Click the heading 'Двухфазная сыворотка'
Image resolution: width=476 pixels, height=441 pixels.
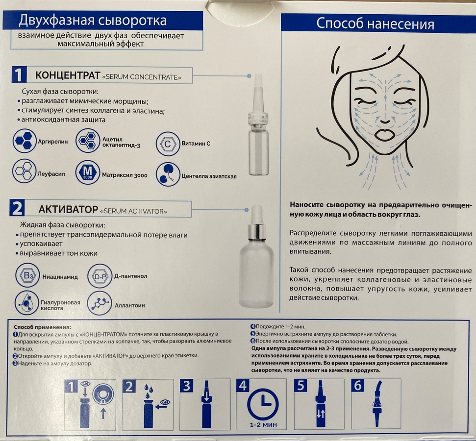click(93, 21)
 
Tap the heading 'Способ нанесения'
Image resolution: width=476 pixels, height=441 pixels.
click(375, 24)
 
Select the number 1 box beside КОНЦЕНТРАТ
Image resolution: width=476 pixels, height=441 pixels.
click(19, 74)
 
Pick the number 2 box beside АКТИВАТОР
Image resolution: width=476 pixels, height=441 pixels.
click(17, 208)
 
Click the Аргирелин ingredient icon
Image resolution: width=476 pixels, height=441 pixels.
click(25, 141)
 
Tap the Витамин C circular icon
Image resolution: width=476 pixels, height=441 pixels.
click(168, 144)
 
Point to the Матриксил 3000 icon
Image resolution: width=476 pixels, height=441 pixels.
click(87, 172)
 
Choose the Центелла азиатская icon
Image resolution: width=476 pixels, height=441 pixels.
click(168, 174)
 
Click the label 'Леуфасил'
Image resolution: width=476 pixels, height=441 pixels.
click(51, 174)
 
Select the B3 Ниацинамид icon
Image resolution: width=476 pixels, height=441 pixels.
click(27, 275)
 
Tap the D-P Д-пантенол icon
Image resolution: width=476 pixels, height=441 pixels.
click(100, 276)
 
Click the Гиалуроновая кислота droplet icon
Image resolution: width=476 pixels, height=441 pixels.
click(26, 303)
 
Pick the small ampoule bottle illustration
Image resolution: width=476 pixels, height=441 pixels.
click(258, 124)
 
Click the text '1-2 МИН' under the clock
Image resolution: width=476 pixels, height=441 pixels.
click(263, 425)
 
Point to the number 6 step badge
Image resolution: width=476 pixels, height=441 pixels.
click(358, 386)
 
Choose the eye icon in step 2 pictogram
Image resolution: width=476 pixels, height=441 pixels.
click(165, 402)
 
